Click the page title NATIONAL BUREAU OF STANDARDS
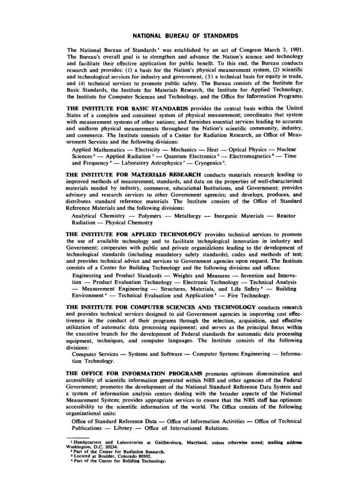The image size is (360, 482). coord(185,36)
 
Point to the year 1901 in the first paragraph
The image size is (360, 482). coord(296,50)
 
